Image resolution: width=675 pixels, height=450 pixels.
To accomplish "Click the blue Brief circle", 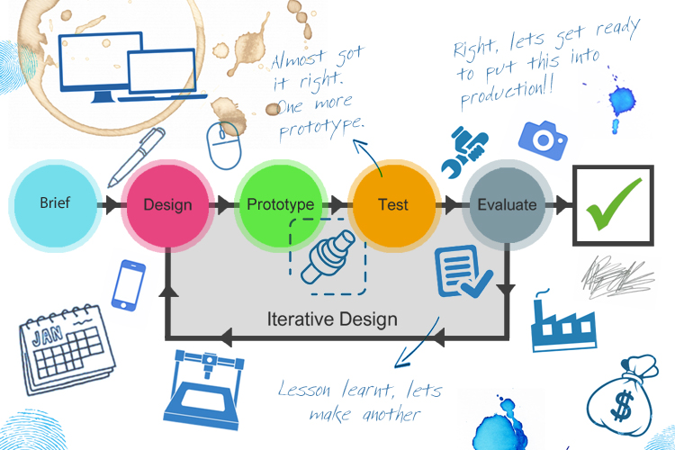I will coord(54,203).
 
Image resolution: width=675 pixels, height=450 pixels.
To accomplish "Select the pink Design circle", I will coord(167,204).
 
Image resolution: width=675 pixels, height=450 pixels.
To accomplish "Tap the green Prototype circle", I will coord(280,204).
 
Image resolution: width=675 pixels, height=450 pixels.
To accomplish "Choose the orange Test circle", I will coord(393,204).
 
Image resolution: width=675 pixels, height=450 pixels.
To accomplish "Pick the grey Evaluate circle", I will coord(506,204).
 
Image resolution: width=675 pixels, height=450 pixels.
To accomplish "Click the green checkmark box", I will coord(614,204).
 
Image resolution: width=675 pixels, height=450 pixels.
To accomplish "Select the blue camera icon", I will coord(542,139).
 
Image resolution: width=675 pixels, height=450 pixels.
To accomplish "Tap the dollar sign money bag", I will coord(623,396).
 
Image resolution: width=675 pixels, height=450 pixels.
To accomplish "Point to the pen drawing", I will coord(136,156).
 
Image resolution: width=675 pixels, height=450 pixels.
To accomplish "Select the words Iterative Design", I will coord(332,319).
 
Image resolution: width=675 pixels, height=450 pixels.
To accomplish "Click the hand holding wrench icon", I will coord(463,151).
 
